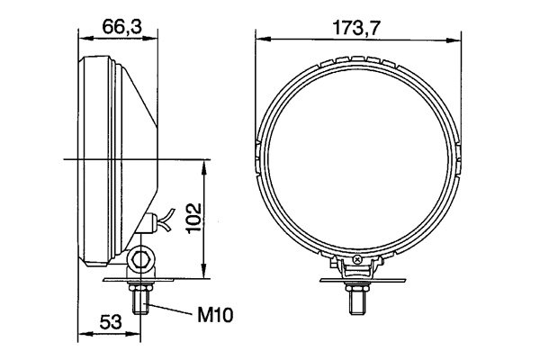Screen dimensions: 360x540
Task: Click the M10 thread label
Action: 214,316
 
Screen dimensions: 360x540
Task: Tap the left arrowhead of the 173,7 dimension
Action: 260,38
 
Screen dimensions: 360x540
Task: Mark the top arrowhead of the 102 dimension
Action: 208,165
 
